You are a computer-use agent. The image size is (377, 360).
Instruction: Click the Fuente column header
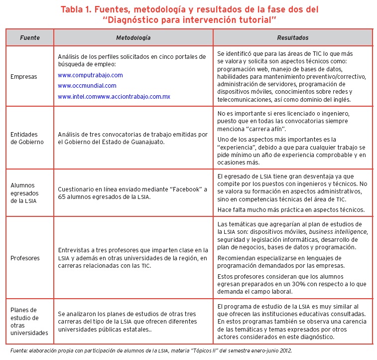click(29, 38)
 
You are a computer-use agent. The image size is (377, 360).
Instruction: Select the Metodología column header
click(133, 38)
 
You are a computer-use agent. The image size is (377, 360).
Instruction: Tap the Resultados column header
click(292, 38)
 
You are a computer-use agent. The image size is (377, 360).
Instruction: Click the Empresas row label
click(24, 77)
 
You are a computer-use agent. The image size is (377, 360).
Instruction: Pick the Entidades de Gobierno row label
click(27, 138)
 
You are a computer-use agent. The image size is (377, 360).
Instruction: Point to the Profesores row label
click(25, 258)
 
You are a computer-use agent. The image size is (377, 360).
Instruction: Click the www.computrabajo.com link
click(90, 75)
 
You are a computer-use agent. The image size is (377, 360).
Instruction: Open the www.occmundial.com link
click(87, 86)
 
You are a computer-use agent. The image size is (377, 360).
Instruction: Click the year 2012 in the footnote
click(284, 351)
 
